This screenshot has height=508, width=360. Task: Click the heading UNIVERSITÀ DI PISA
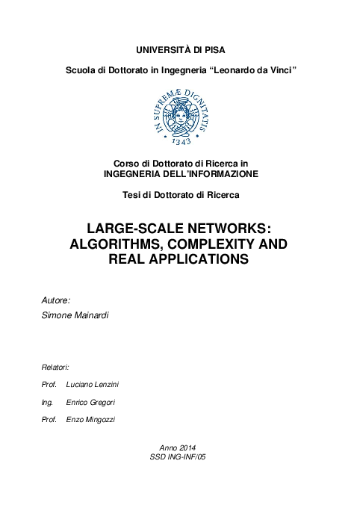click(179, 50)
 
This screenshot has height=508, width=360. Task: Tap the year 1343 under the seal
click(180, 140)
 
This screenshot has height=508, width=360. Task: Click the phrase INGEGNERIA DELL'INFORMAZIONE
click(180, 173)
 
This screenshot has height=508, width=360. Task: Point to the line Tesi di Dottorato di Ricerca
click(180, 196)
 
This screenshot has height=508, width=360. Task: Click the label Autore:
click(56, 300)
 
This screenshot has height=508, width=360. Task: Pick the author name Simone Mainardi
click(75, 317)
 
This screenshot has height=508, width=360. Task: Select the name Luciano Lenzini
click(91, 385)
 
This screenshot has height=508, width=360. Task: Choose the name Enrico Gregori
click(90, 402)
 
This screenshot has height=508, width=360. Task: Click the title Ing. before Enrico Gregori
click(48, 402)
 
